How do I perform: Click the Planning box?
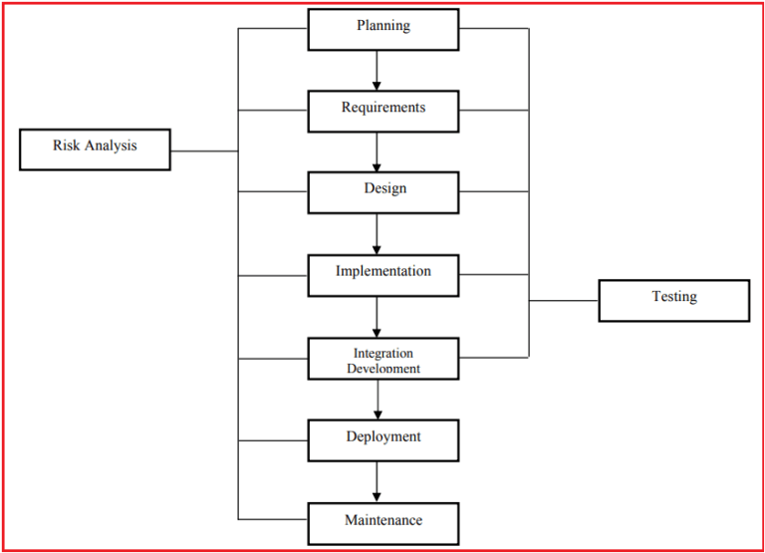tap(383, 29)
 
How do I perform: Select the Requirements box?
tap(383, 111)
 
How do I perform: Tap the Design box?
tap(383, 192)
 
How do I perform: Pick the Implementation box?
tap(383, 275)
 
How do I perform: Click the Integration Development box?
tap(383, 359)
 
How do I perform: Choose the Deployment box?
tap(383, 440)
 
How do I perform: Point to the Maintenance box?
tap(383, 523)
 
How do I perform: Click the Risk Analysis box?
tap(95, 149)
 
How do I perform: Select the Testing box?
tap(673, 300)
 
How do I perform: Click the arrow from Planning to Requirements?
tap(378, 70)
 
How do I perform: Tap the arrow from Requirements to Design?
tap(378, 151)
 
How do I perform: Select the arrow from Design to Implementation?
tap(378, 234)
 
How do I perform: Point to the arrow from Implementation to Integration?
tap(378, 317)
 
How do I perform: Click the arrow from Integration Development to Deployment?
tap(378, 400)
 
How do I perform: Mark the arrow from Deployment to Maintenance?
tap(378, 481)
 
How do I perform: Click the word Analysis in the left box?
tap(110, 145)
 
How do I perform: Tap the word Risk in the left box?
tap(66, 145)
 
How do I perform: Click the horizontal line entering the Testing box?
tap(563, 300)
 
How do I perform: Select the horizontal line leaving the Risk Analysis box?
tap(204, 151)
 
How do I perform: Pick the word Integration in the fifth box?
tap(383, 353)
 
